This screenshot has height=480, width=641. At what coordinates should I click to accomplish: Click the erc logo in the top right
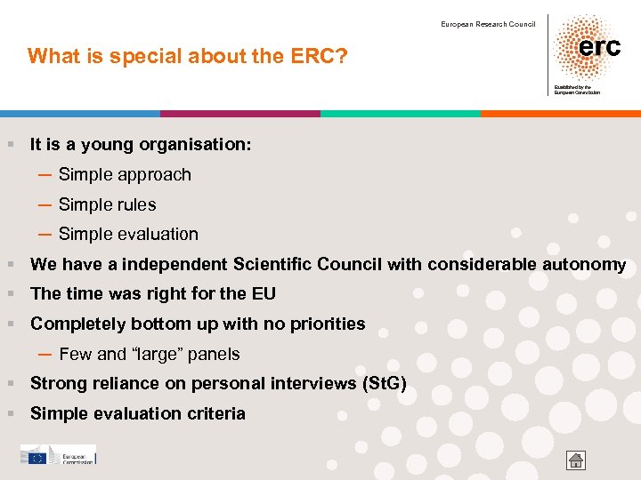coord(587,48)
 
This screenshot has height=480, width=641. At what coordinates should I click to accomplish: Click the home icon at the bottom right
coord(576,460)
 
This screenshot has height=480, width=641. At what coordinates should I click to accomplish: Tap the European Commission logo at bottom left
coord(58,455)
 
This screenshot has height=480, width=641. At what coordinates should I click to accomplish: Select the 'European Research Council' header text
coord(488,24)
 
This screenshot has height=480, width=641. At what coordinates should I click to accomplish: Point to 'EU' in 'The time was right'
coord(264,294)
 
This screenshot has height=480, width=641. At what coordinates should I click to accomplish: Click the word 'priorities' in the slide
coord(329,324)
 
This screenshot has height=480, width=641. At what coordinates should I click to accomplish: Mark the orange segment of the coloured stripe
coord(560,114)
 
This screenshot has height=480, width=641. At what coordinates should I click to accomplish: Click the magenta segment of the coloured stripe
coord(239,114)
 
